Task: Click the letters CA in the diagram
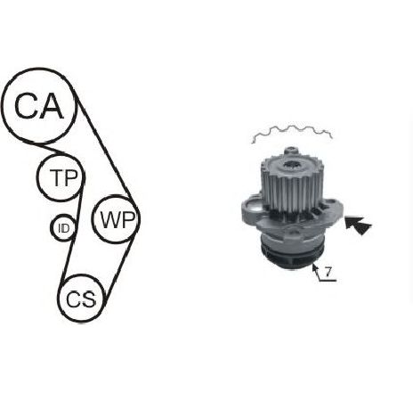39,106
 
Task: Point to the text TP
63,177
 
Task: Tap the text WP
117,219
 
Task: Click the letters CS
81,299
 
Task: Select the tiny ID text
63,228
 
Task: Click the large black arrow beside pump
358,225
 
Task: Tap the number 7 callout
328,272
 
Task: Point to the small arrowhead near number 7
314,267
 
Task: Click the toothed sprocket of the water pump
291,184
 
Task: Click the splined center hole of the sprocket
292,165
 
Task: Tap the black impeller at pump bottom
292,257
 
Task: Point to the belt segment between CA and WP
105,150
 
